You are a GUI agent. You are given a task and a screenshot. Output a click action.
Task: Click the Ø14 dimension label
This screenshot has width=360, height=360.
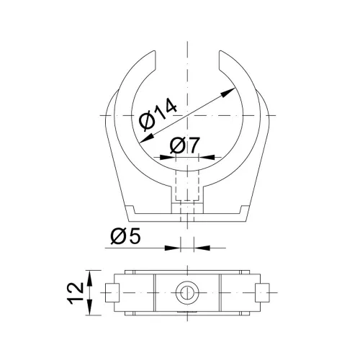158,114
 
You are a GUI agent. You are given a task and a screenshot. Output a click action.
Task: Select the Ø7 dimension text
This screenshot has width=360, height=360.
184,145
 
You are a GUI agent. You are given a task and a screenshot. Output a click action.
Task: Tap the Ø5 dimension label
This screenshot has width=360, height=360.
125,236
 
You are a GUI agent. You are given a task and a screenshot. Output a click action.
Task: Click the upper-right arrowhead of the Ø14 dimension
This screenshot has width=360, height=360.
228,92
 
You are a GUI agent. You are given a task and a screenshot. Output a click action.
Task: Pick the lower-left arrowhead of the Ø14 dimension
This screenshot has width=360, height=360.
147,138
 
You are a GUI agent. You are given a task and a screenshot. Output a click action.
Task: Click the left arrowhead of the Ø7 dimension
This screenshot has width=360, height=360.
168,158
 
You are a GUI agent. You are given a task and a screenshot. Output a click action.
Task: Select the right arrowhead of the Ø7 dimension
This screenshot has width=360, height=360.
207,157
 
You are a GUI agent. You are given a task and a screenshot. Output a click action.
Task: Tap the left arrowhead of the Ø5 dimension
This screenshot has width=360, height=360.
172,248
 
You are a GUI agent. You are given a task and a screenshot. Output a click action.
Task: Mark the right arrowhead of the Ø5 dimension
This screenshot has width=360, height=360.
202,248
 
